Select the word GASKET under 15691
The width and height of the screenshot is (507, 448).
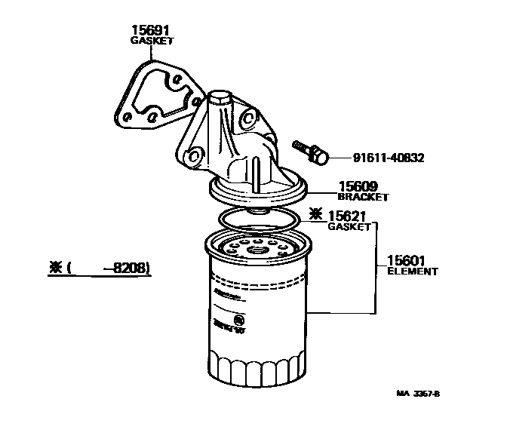(152, 41)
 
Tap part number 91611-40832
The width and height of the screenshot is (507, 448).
(389, 158)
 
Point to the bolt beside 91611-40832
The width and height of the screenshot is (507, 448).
(311, 151)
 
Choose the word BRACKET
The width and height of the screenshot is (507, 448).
(363, 197)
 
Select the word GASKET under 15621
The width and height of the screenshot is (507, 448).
(349, 226)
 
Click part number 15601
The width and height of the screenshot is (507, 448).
(407, 260)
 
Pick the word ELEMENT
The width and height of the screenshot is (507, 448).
(412, 271)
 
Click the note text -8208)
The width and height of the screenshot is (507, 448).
(125, 268)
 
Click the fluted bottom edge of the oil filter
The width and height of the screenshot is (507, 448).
(257, 370)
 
